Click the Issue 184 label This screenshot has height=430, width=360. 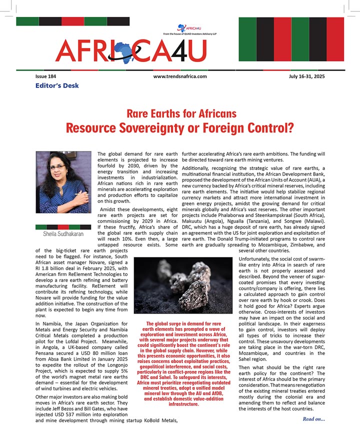(46, 76)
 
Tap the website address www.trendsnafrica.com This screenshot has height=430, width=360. (180, 76)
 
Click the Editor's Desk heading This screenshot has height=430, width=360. (57, 85)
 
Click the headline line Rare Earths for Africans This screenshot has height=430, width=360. (181, 113)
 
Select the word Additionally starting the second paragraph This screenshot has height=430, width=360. (200, 169)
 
